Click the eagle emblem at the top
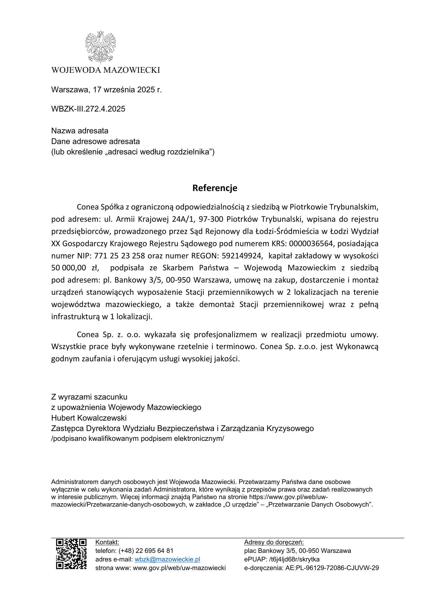[x=100, y=47]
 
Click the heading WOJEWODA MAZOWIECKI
[x=106, y=70]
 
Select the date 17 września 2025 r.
[x=127, y=90]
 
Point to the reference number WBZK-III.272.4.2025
[x=88, y=109]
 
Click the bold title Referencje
[x=215, y=188]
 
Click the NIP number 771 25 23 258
[x=119, y=256]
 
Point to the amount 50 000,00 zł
[x=75, y=268]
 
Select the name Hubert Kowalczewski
[x=89, y=418]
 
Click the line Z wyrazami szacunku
[x=89, y=397]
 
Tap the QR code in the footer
[x=71, y=554]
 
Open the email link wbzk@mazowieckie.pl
[x=167, y=559]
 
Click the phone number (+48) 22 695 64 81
[x=146, y=551]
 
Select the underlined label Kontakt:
[x=107, y=542]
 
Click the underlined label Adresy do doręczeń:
[x=274, y=542]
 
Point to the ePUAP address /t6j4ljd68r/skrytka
[x=294, y=559]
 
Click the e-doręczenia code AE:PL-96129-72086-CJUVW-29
[x=332, y=568]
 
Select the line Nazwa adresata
[x=80, y=131]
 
